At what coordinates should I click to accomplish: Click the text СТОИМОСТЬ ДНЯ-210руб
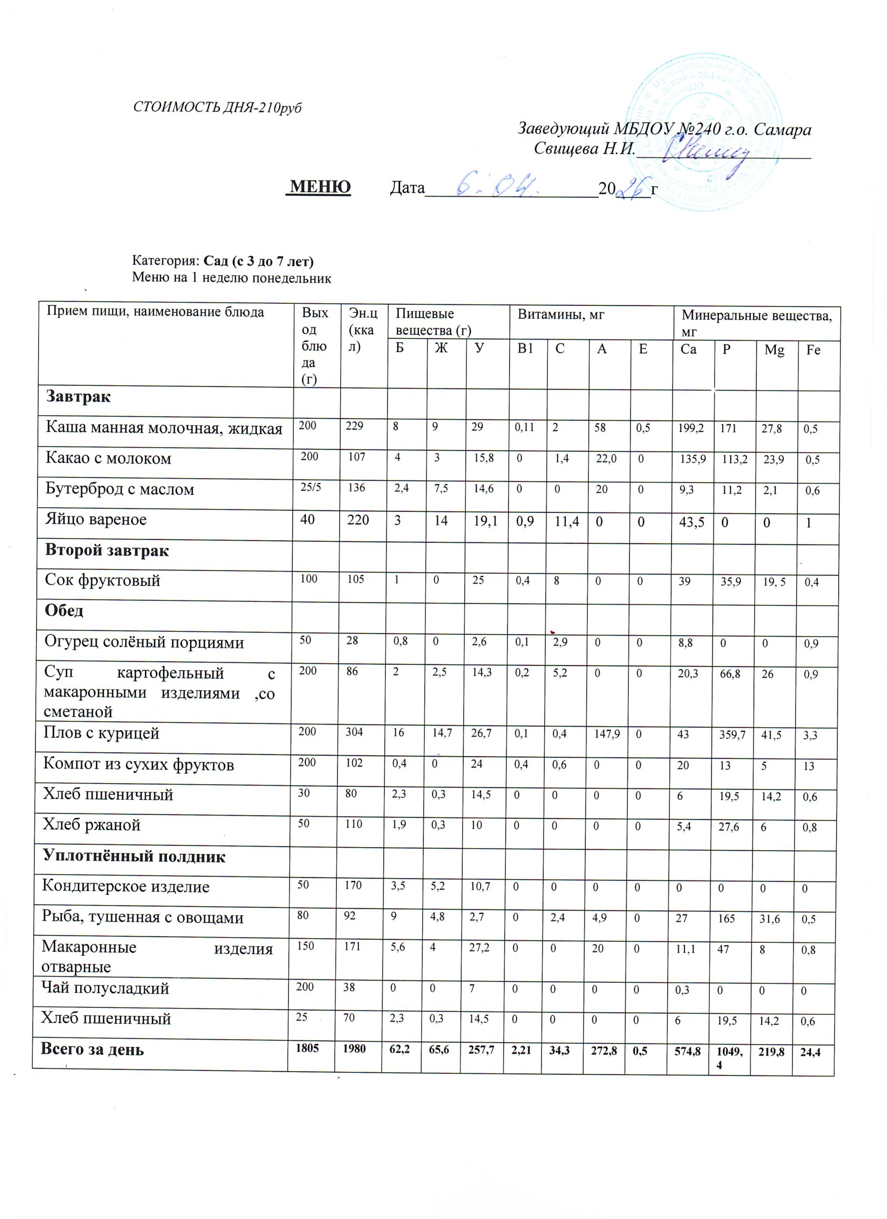(217, 108)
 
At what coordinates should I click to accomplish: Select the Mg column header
(774, 350)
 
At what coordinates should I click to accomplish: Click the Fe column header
(813, 350)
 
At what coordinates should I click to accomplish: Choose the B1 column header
(525, 349)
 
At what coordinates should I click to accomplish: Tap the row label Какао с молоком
(109, 459)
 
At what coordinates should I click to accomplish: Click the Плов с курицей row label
(101, 733)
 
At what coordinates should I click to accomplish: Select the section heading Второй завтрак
(107, 550)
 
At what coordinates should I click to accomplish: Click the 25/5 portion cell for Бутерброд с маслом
(310, 488)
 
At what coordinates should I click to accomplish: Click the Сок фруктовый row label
(103, 580)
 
